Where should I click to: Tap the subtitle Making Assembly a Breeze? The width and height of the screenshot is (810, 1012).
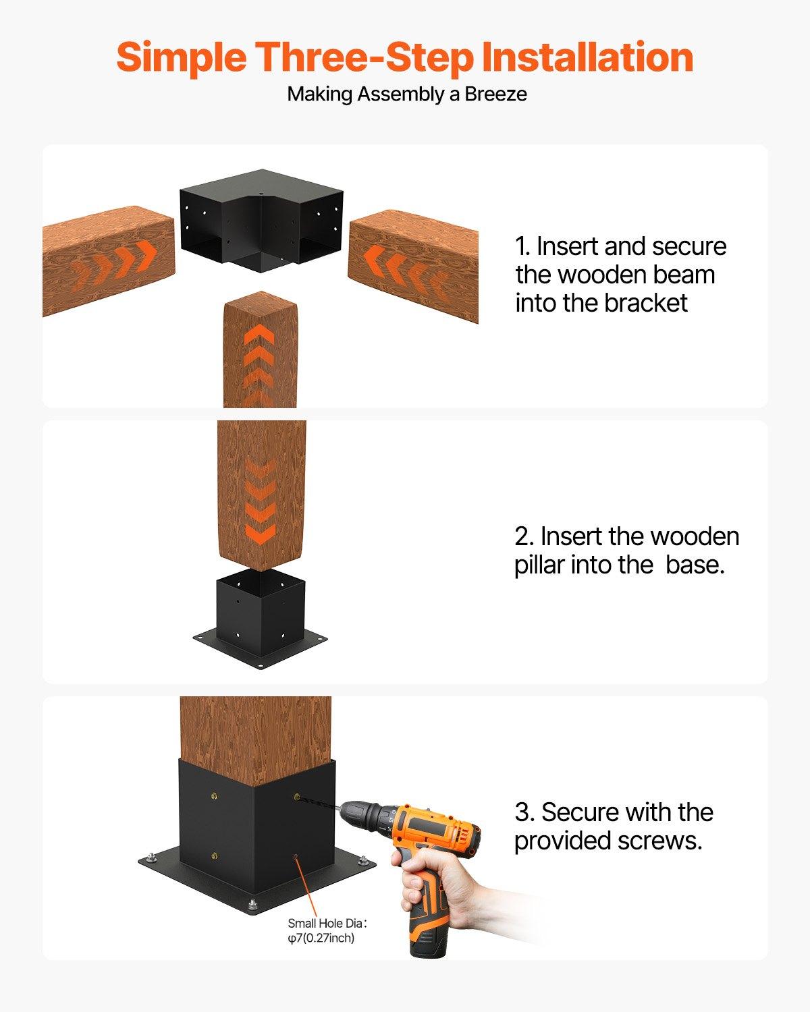[407, 94]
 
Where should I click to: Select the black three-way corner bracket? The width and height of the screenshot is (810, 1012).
[261, 221]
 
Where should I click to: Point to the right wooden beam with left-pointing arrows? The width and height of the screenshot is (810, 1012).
[413, 264]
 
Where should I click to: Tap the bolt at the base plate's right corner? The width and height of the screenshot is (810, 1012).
[364, 860]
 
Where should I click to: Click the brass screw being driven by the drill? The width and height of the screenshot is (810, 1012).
[297, 797]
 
